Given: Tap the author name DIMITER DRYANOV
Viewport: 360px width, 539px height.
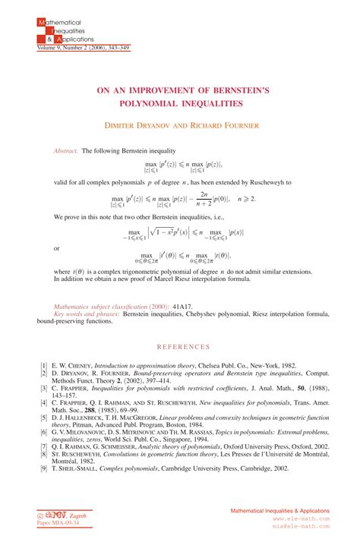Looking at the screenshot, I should tap(145, 125).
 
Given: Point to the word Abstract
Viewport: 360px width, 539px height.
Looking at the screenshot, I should tap(66, 151).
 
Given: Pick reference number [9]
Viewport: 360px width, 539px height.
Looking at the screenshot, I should tap(43, 470).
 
